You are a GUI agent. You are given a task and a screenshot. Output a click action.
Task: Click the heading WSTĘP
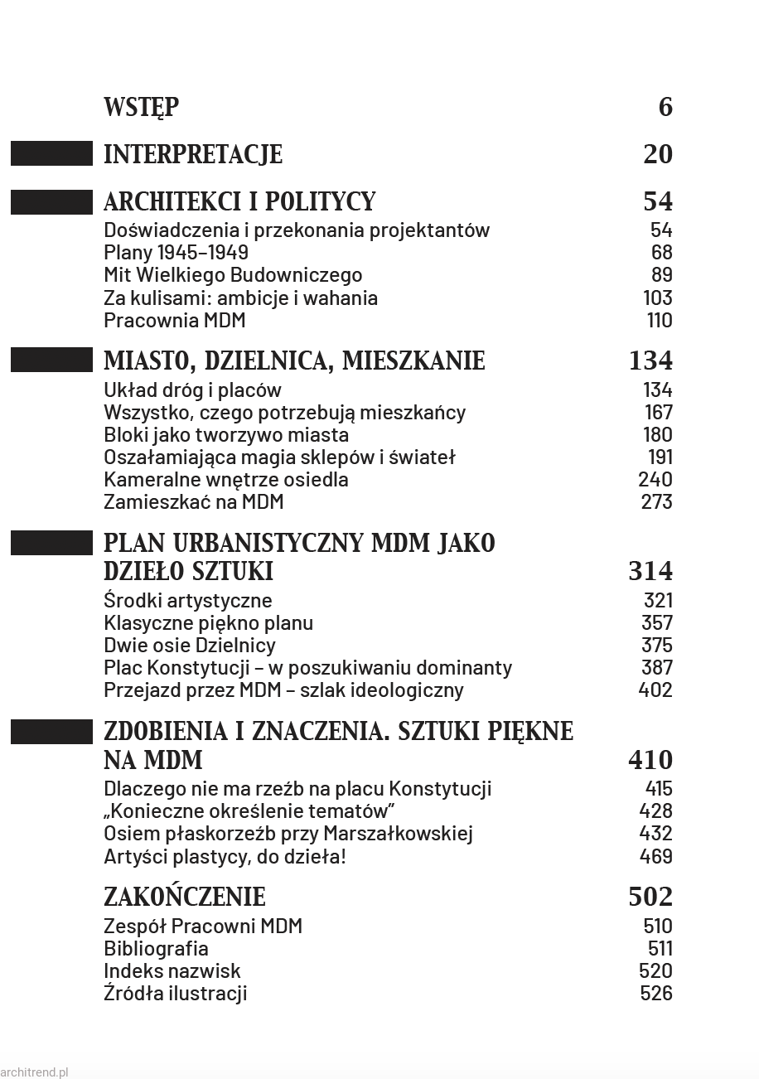pos(141,108)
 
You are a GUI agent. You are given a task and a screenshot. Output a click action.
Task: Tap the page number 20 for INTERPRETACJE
pos(658,155)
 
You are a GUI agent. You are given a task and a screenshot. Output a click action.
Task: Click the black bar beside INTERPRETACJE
pos(51,154)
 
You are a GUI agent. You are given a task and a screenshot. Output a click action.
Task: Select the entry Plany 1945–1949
pos(176,253)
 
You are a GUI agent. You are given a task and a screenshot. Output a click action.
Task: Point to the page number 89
pos(661,275)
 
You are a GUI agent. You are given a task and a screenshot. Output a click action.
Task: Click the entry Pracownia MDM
pos(174,321)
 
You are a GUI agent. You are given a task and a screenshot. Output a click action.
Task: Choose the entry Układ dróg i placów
pos(192,390)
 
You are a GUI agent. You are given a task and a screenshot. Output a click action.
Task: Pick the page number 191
pos(660,457)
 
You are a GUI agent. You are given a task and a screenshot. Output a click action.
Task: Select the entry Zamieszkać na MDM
pos(194,502)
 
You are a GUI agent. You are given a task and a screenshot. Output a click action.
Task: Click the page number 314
pos(650,572)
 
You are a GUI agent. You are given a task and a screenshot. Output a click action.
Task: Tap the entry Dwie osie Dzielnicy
pos(190,646)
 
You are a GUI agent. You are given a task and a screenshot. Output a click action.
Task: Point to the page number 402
pos(655,690)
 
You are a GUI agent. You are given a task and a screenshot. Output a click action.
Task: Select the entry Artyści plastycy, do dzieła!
pos(225,857)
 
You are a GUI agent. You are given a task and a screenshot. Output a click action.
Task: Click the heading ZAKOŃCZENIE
pos(185,898)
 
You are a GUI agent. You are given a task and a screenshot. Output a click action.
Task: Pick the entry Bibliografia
pos(156,949)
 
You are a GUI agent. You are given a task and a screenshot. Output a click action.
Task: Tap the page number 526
pos(656,994)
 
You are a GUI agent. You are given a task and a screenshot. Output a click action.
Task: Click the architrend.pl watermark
pos(35,1072)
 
